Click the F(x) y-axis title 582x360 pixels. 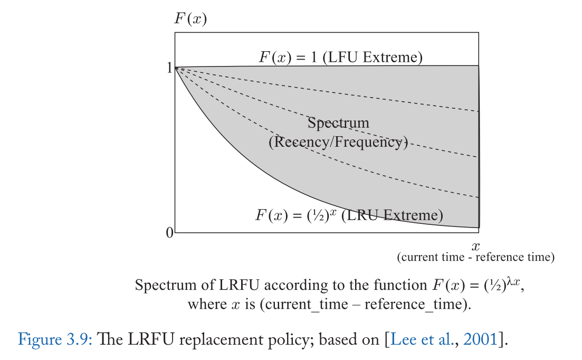pos(190,20)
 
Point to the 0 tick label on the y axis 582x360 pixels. pos(169,233)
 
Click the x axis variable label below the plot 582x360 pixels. pos(476,245)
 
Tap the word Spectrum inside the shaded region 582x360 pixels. pos(338,123)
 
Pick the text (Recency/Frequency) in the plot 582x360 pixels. pos(338,142)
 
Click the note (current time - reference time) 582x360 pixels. pos(476,258)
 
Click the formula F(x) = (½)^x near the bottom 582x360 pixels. pos(295,215)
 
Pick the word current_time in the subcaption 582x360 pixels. pos(313,305)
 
